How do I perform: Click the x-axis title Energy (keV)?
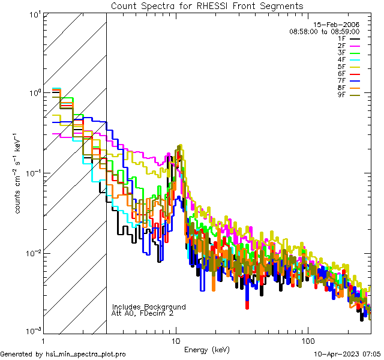207,349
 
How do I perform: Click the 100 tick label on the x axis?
307,340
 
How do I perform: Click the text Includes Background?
149,307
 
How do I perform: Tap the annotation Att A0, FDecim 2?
142,313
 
